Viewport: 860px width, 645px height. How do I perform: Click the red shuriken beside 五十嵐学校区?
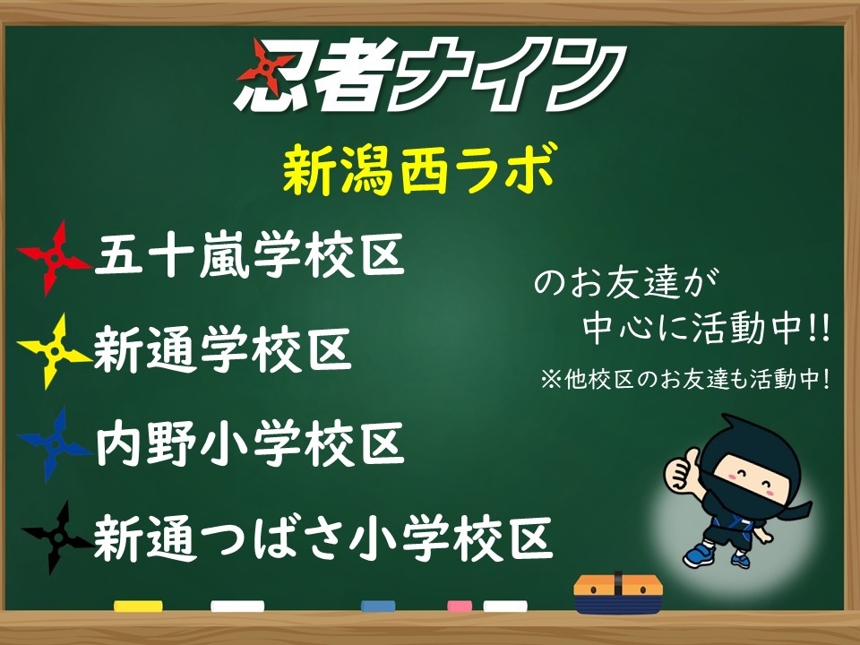[x=54, y=258]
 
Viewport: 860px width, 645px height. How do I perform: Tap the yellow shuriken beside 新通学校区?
[x=54, y=351]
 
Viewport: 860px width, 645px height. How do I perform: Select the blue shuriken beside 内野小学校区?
[x=54, y=444]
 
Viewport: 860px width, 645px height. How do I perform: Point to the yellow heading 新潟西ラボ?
[x=420, y=169]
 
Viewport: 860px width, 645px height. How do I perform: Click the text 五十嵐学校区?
[x=250, y=255]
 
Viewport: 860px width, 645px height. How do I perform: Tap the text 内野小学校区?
[x=250, y=443]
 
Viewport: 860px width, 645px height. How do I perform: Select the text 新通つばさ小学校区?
[x=322, y=537]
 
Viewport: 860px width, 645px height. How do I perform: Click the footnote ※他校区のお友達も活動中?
[x=685, y=378]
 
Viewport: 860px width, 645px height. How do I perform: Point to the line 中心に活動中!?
[x=707, y=328]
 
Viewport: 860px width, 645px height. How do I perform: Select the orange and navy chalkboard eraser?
[x=618, y=593]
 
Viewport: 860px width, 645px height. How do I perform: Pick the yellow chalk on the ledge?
[x=138, y=606]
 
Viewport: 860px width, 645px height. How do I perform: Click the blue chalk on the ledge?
[x=378, y=606]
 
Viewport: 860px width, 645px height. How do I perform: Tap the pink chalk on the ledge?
[x=460, y=606]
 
